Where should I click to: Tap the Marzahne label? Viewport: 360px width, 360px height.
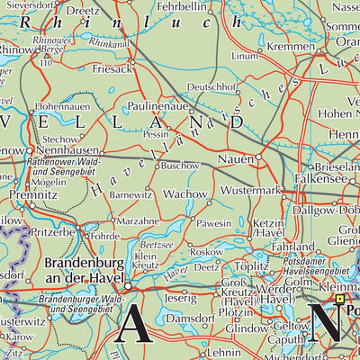pyautogui.click(x=138, y=219)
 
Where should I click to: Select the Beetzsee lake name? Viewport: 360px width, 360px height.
pyautogui.click(x=156, y=244)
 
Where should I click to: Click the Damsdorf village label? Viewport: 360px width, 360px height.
pyautogui.click(x=189, y=319)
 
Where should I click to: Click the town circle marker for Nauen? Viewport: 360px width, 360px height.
pyautogui.click(x=259, y=157)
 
